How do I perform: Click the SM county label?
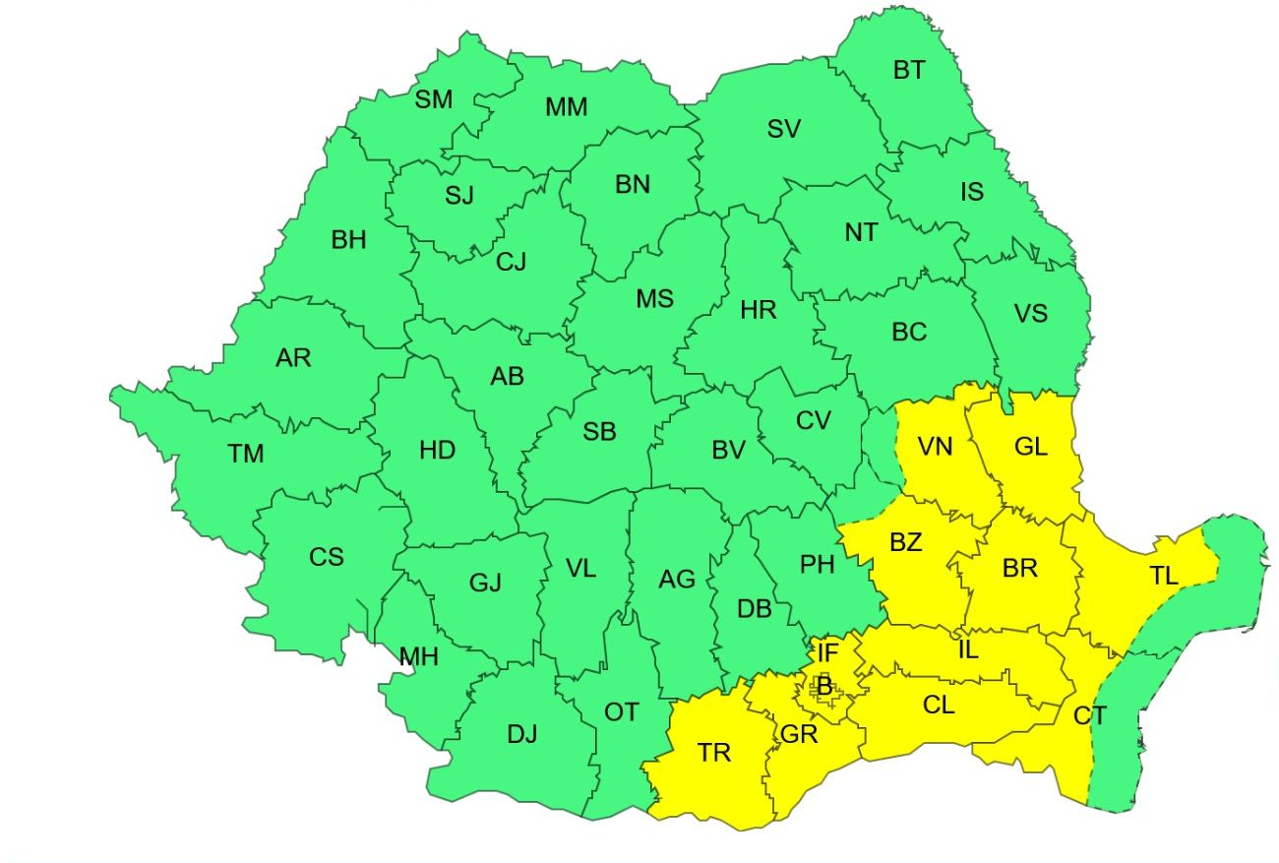434,99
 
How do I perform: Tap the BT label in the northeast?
909,71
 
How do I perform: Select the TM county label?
246,454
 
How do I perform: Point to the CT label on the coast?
1090,716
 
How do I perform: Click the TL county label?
1164,577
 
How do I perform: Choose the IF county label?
828,651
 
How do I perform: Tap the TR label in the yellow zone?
714,754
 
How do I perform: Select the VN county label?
935,447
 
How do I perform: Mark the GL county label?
1030,447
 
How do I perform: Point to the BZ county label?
905,542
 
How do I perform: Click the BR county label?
1020,568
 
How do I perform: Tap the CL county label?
939,705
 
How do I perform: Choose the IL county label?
968,648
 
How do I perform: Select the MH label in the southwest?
418,657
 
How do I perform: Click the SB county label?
599,431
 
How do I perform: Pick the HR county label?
759,311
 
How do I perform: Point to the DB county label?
755,609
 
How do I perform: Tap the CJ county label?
511,262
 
